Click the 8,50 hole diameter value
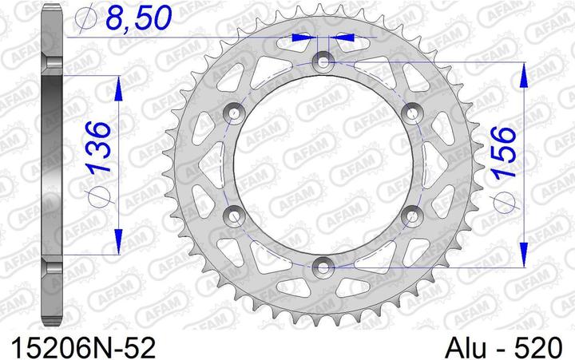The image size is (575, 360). pos(138,18)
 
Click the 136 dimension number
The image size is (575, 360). pos(98,148)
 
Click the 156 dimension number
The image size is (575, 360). pos(505,152)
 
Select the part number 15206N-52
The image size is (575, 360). pos(84,347)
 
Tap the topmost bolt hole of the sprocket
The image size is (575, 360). pos(323,61)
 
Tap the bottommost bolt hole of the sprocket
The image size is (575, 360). pos(323,267)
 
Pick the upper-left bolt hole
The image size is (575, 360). pos(234,113)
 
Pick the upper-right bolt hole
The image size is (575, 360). pos(412,113)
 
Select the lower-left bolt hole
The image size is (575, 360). pos(234,216)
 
